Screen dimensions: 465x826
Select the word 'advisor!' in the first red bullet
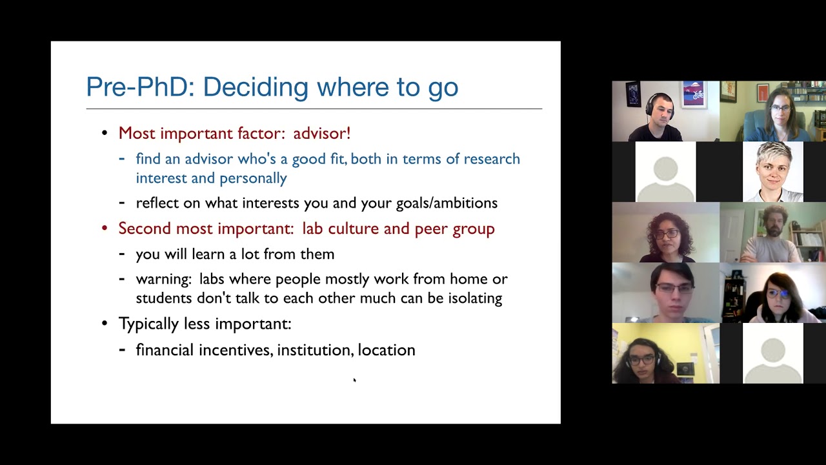(x=321, y=133)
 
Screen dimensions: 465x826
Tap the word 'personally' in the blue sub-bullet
(x=253, y=178)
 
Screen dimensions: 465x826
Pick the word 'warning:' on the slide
(x=164, y=279)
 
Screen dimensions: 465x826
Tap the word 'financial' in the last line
(x=165, y=350)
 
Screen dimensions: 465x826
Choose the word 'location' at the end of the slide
(x=387, y=350)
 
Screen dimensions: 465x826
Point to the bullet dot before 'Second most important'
(x=105, y=229)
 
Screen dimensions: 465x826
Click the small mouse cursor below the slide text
(x=354, y=380)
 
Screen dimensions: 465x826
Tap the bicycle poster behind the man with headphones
(x=694, y=94)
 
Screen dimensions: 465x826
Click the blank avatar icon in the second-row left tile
(x=665, y=172)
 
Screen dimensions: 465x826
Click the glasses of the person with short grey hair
(x=774, y=171)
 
